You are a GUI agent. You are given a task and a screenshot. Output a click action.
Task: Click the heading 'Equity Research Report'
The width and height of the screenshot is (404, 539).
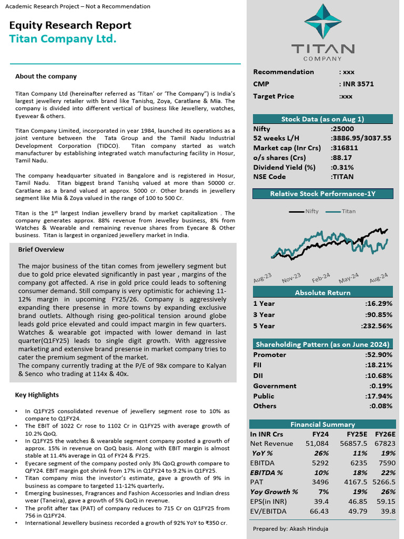[x=70, y=25]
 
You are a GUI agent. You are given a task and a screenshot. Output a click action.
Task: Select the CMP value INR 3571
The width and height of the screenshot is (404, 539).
[x=357, y=84]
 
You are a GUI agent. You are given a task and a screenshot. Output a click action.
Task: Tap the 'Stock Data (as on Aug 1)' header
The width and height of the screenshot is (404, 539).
[x=322, y=119]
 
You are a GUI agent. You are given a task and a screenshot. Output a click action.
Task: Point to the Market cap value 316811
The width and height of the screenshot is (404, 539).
[x=345, y=148]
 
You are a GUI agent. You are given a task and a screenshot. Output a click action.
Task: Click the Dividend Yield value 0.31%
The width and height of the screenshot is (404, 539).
[x=342, y=167]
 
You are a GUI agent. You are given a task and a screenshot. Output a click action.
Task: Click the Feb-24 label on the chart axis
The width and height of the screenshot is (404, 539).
[x=320, y=278]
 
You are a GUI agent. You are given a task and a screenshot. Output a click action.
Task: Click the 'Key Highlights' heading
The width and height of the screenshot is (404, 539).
[x=37, y=395]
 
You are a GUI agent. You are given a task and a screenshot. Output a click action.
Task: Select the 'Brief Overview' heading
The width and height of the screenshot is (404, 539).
[x=41, y=249]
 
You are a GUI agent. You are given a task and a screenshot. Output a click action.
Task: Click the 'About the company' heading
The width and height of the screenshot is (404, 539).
[x=46, y=76]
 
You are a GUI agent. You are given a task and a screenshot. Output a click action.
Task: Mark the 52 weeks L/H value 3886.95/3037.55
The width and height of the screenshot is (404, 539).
[x=361, y=138]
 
